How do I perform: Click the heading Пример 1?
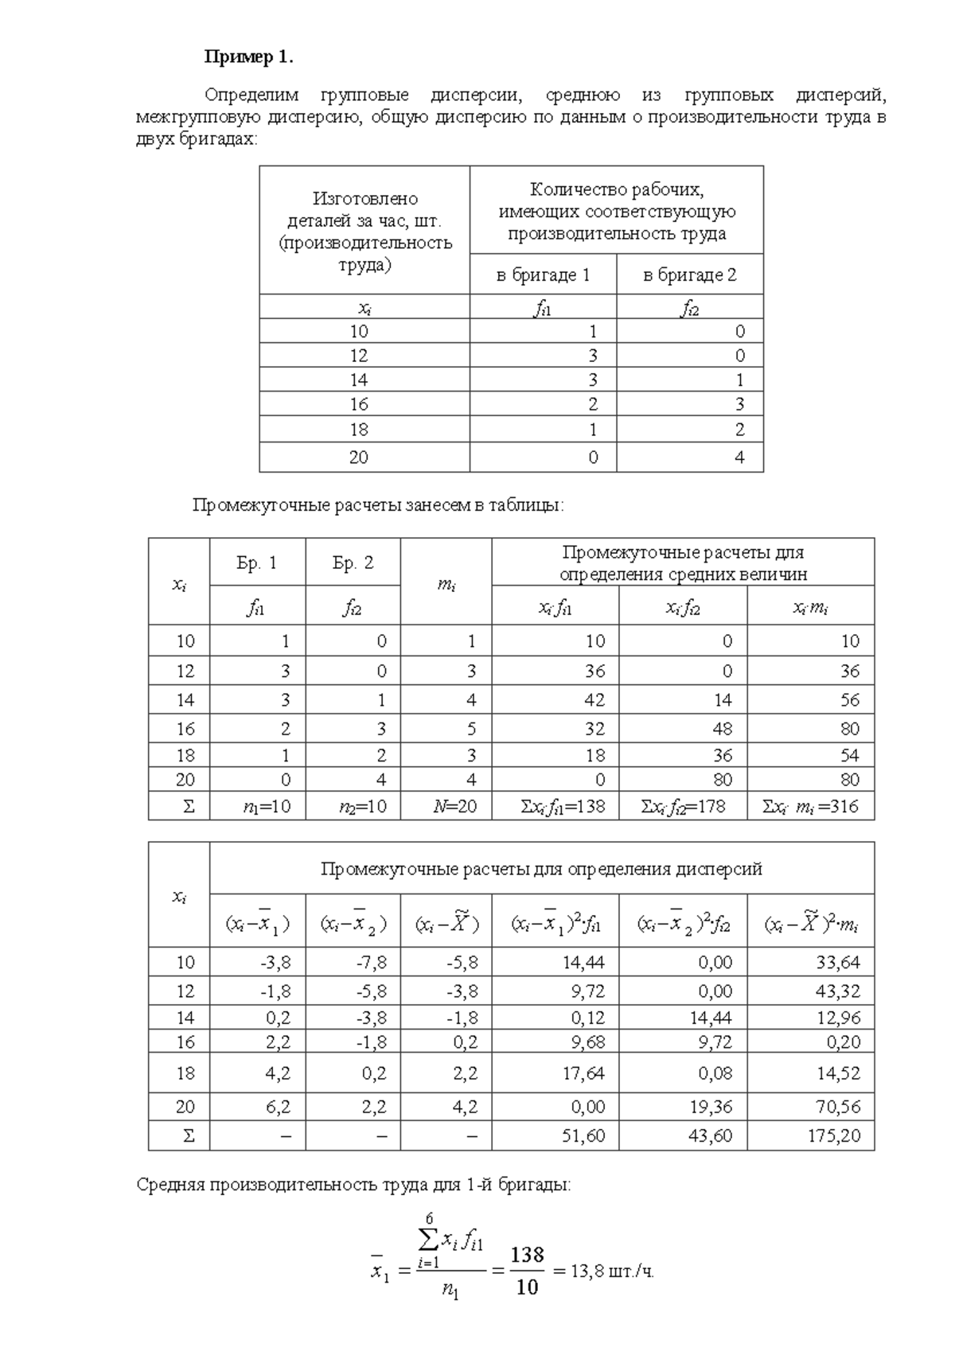(x=249, y=57)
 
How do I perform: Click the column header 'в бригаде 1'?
(x=543, y=275)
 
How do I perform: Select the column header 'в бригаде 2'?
(x=689, y=275)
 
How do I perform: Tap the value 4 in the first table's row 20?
(x=739, y=457)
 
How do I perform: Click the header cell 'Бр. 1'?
(x=256, y=563)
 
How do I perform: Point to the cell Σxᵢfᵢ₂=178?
(x=683, y=807)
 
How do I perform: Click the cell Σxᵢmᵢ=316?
(x=809, y=807)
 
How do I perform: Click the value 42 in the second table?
(x=594, y=700)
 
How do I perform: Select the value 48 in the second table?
(x=722, y=729)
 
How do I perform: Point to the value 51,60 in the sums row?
(x=583, y=1136)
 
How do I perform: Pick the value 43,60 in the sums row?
(x=710, y=1136)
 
